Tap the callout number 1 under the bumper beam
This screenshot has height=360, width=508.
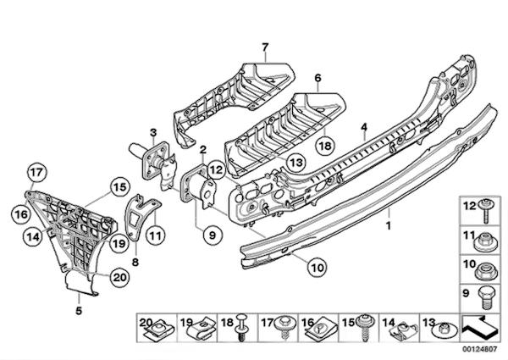tap(389, 227)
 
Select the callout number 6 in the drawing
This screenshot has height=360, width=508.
tap(319, 78)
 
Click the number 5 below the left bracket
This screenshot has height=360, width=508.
tap(79, 311)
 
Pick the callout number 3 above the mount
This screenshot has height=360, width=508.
tap(153, 131)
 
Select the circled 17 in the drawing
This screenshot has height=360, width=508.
tap(35, 177)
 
